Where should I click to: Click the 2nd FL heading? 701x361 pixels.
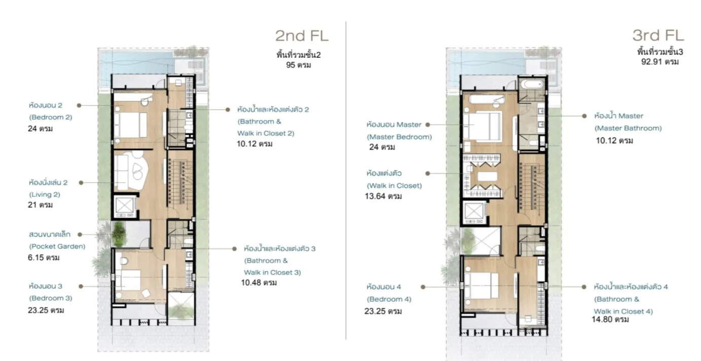(302, 35)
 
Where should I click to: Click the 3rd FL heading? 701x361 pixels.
(658, 35)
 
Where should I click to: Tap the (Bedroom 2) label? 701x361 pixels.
(51, 117)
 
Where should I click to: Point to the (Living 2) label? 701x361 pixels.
(45, 195)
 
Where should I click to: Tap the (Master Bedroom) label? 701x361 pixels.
(399, 137)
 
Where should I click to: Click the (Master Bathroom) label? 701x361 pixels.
(628, 128)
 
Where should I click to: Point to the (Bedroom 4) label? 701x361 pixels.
(389, 299)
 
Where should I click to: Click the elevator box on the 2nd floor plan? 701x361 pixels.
(125, 205)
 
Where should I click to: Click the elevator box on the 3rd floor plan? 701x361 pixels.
(474, 212)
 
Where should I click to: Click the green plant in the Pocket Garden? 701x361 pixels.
(119, 234)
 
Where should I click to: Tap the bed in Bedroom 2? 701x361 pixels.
(130, 125)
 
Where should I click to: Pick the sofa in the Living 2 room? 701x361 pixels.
(121, 172)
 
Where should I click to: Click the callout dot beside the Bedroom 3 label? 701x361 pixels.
(81, 286)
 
